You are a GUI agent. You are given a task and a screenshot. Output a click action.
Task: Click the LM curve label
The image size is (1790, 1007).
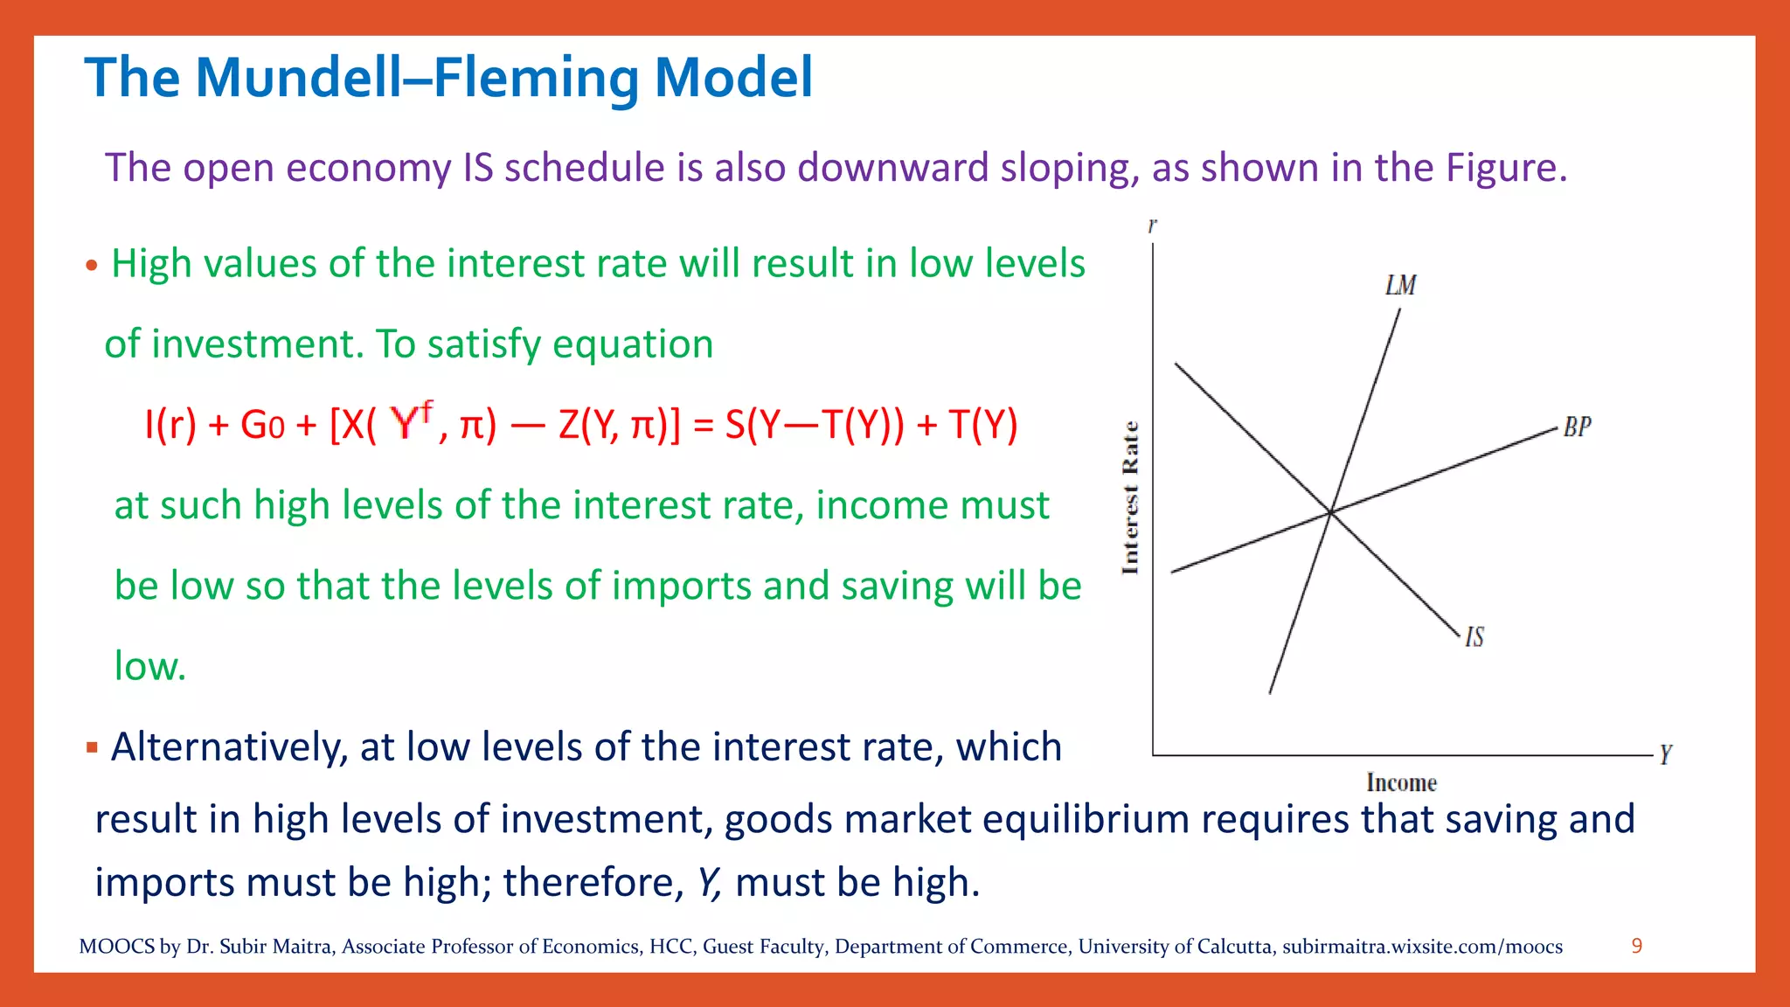pyautogui.click(x=1400, y=286)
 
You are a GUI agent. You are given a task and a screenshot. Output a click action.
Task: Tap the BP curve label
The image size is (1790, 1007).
pyautogui.click(x=1577, y=427)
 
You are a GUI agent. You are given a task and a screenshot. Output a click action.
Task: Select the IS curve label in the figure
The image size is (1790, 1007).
pyautogui.click(x=1474, y=637)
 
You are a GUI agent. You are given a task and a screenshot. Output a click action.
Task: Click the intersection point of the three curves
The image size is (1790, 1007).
pyautogui.click(x=1330, y=512)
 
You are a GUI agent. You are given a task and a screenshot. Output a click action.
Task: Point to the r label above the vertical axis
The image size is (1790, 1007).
pyautogui.click(x=1152, y=226)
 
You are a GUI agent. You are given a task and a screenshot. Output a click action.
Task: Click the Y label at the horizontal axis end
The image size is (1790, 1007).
pyautogui.click(x=1665, y=754)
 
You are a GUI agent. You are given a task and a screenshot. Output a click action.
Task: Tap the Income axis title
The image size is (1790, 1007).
pyautogui.click(x=1401, y=783)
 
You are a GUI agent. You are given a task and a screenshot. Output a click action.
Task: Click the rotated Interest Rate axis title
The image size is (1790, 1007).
pyautogui.click(x=1130, y=498)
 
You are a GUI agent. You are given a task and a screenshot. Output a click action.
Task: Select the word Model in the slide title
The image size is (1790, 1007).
pyautogui.click(x=733, y=78)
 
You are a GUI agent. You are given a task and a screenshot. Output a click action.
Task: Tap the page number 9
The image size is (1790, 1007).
pyautogui.click(x=1636, y=946)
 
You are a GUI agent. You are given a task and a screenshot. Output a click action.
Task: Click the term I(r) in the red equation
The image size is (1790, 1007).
pyautogui.click(x=170, y=426)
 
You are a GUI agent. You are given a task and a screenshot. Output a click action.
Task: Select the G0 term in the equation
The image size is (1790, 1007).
pyautogui.click(x=262, y=426)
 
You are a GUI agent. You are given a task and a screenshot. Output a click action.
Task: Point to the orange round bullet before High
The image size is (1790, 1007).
pyautogui.click(x=92, y=266)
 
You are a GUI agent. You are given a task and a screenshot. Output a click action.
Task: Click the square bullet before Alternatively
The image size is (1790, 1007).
pyautogui.click(x=92, y=747)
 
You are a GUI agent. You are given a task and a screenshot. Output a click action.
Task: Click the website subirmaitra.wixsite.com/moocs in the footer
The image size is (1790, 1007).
pyautogui.click(x=1422, y=947)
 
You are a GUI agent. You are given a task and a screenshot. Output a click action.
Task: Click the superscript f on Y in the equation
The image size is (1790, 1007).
pyautogui.click(x=427, y=408)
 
